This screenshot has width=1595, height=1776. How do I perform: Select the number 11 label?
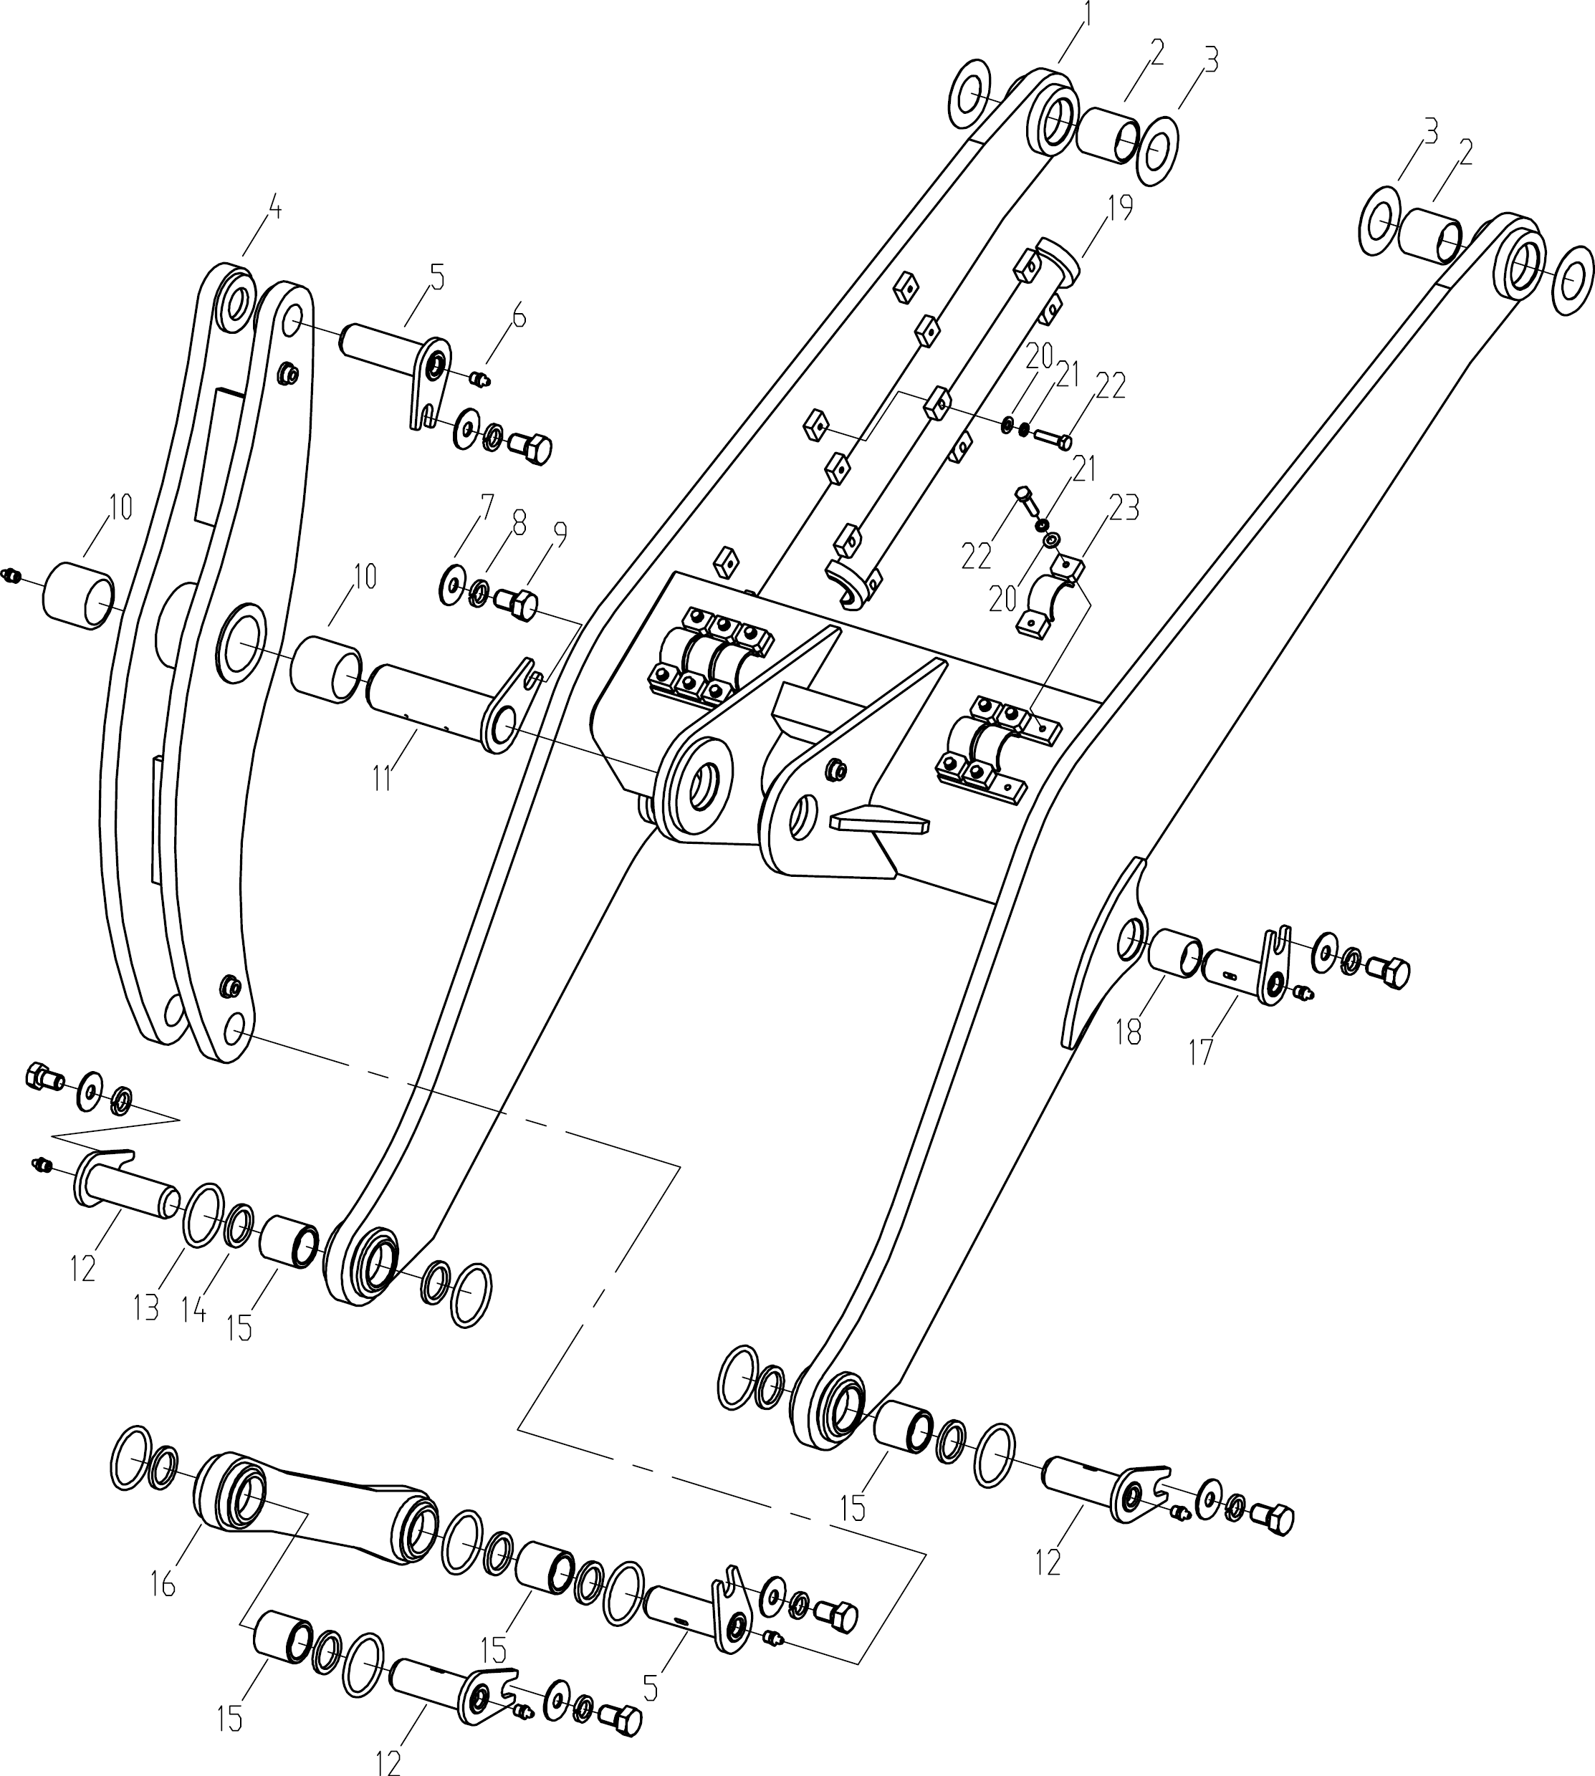coord(382,778)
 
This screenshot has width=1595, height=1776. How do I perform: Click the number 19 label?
coord(1120,208)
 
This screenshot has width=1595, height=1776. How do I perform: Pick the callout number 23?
coord(1124,507)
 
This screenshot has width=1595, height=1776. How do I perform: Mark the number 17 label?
coord(1201,1050)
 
